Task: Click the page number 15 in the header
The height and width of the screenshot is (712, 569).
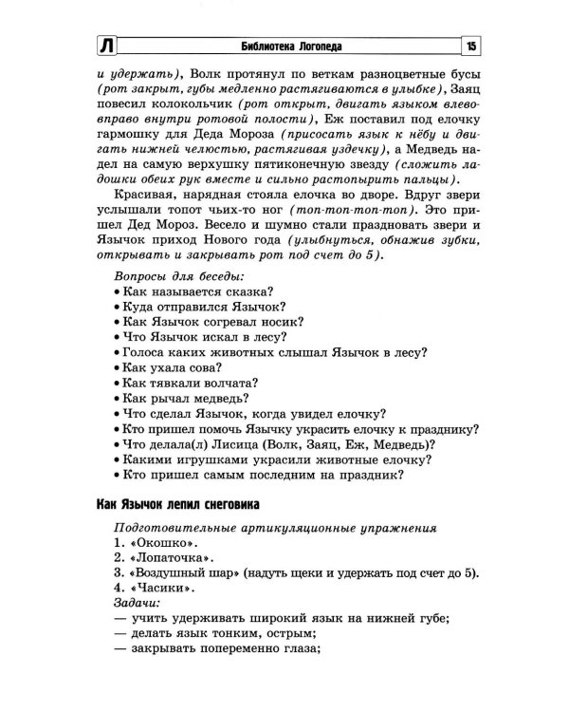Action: (469, 46)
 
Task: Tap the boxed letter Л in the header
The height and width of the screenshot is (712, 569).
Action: (106, 46)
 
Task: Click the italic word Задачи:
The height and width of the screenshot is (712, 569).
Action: (138, 603)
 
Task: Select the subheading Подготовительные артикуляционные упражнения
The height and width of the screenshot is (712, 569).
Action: (275, 527)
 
